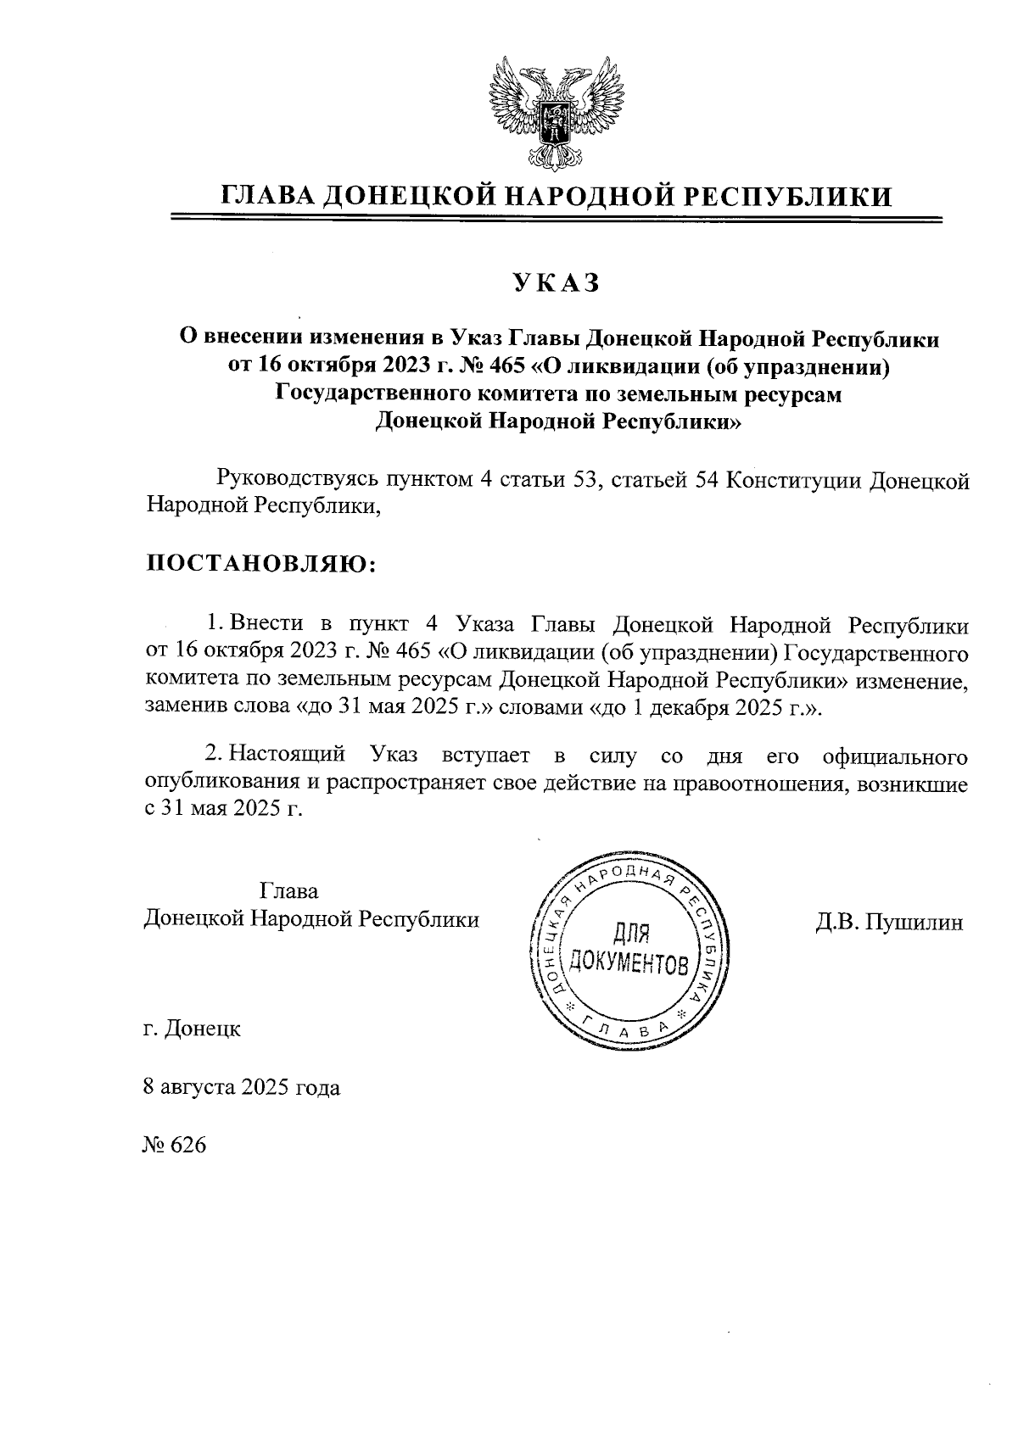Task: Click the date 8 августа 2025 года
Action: pyautogui.click(x=243, y=1087)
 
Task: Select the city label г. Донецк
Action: pyautogui.click(x=193, y=1029)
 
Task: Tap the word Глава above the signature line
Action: pyautogui.click(x=289, y=891)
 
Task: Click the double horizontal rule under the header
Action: pyautogui.click(x=557, y=220)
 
